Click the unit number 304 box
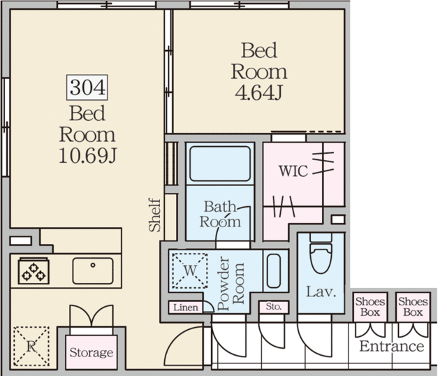pyautogui.click(x=87, y=87)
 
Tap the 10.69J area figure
pyautogui.click(x=87, y=156)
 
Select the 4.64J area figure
pyautogui.click(x=259, y=92)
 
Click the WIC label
pyautogui.click(x=293, y=171)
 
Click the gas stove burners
pyautogui.click(x=34, y=271)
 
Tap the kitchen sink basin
pyautogui.click(x=93, y=270)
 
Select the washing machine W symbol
pyautogui.click(x=190, y=270)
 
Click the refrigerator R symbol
pyautogui.click(x=31, y=347)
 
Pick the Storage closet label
pyautogui.click(x=91, y=353)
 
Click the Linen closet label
pyautogui.click(x=186, y=308)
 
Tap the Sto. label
pyautogui.click(x=274, y=306)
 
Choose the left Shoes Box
pyautogui.click(x=370, y=307)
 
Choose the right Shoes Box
pyautogui.click(x=413, y=307)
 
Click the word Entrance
pyautogui.click(x=392, y=347)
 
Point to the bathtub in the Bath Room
pyautogui.click(x=220, y=164)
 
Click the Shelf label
pyautogui.click(x=155, y=215)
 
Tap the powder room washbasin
pyautogui.click(x=274, y=270)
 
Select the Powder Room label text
pyautogui.click(x=230, y=283)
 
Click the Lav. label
pyautogui.click(x=321, y=291)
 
